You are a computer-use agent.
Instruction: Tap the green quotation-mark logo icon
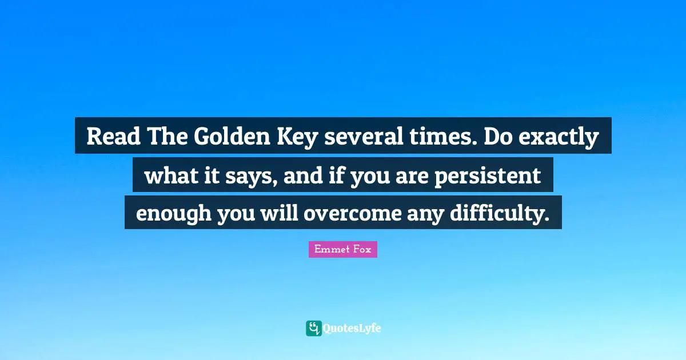[x=313, y=328]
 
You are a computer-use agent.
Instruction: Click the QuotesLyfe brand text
[x=352, y=329]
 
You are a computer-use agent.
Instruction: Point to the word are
[x=411, y=177]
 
